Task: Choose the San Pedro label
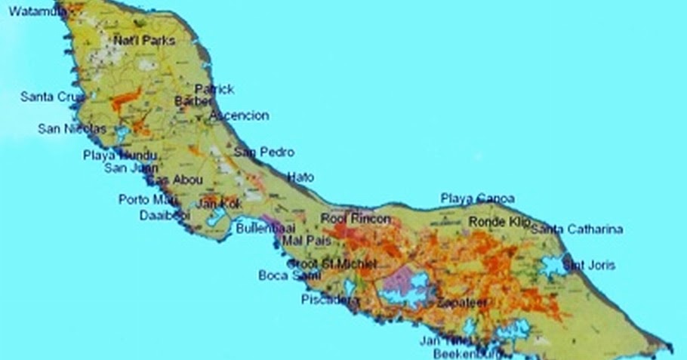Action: tap(263, 152)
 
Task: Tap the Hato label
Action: tap(300, 176)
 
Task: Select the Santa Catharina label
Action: tap(577, 229)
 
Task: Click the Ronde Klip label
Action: tap(500, 222)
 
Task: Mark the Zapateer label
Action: tap(462, 302)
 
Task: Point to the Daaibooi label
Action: tap(165, 216)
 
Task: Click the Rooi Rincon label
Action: tap(356, 219)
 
